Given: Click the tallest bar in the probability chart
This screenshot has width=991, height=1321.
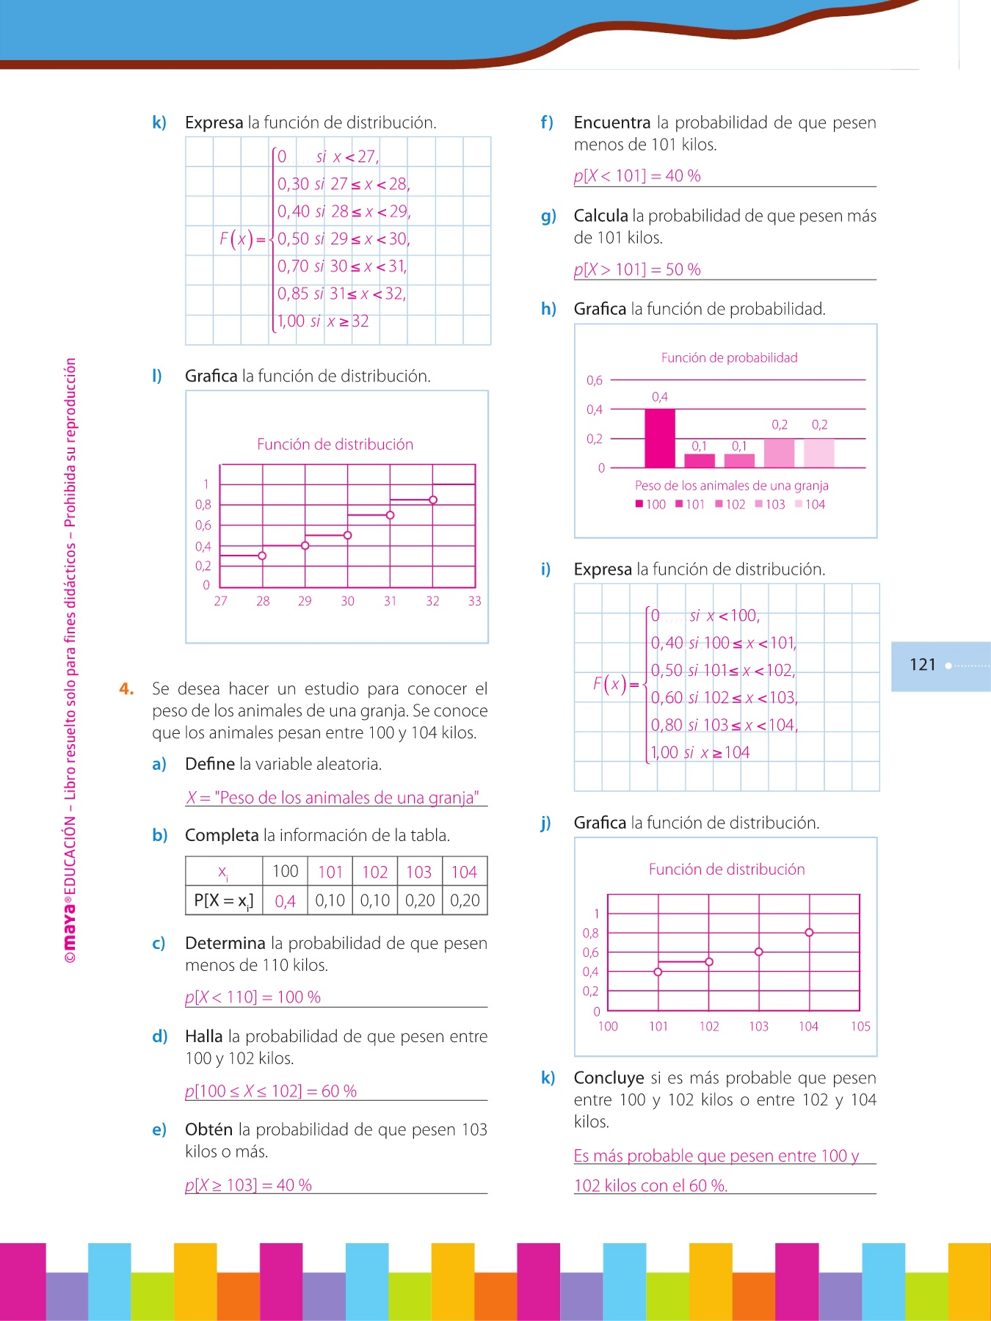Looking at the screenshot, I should point(659,438).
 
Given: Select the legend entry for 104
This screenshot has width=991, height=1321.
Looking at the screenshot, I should point(810,504).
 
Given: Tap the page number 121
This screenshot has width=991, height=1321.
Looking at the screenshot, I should point(923,665).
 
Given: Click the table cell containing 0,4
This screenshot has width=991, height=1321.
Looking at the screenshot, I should point(285,900).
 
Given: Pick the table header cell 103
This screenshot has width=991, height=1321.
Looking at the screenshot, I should point(418,872).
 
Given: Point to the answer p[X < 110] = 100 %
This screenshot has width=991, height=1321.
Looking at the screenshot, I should point(253,997).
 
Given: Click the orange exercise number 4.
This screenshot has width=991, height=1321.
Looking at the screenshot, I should point(126,688).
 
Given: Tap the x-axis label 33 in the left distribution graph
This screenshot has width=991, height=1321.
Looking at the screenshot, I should point(474,601).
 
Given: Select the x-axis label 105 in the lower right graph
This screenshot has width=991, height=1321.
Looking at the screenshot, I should point(860,1026).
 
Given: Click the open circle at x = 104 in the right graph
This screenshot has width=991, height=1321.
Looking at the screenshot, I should point(809,933).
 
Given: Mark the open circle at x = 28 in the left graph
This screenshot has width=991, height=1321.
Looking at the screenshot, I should point(262,556).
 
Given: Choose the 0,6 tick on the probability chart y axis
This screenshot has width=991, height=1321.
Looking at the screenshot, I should point(594,380).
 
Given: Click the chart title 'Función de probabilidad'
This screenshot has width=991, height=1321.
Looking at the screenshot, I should point(729,357).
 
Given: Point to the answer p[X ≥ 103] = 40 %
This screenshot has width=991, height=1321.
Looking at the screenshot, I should point(248,1184).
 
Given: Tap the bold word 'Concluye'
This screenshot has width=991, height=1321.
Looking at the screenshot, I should point(609,1077).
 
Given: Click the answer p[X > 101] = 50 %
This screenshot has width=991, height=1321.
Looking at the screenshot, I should point(637,269).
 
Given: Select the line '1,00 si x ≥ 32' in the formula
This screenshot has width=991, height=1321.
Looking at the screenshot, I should point(323,321).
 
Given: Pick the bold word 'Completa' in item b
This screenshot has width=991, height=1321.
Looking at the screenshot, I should point(222,835).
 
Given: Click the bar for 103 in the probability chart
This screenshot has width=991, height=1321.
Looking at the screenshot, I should point(779,453).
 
